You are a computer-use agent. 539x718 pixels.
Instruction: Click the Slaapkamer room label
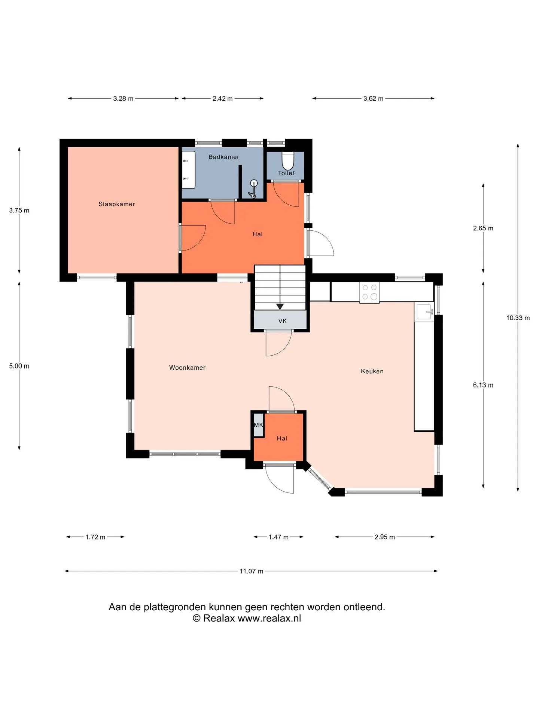116,204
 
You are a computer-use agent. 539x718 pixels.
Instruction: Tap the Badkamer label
224,157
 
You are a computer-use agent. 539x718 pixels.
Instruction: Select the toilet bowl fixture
287,161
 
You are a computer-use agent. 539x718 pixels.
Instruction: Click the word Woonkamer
187,368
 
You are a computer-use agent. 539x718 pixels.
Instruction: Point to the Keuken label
372,371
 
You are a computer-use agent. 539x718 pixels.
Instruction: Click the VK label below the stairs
283,321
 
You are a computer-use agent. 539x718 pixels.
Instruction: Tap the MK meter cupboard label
259,425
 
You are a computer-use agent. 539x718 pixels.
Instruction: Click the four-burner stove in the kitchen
369,292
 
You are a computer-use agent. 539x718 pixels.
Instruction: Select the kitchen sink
424,312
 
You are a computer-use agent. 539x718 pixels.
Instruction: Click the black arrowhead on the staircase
280,307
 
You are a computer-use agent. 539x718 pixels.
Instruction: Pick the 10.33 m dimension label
518,318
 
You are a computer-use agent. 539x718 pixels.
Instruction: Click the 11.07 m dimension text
251,571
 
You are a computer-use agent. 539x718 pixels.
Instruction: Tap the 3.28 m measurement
123,99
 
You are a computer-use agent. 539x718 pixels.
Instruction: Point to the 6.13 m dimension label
483,385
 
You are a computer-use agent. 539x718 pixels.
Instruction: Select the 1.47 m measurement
278,537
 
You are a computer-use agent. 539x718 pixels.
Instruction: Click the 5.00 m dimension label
19,366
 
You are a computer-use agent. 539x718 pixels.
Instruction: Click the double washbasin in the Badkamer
188,170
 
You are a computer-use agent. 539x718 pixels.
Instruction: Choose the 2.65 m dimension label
483,228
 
